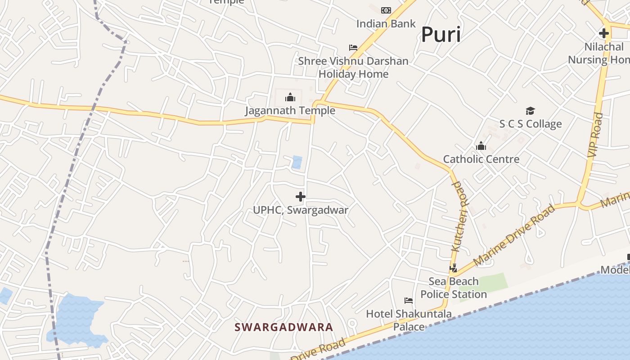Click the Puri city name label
[x=441, y=35]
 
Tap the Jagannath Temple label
[x=290, y=111]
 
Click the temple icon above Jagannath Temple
[x=290, y=97]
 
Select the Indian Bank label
[x=386, y=23]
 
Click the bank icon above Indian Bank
[x=386, y=10]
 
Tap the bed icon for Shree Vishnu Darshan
[x=353, y=48]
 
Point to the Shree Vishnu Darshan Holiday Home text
[x=353, y=67]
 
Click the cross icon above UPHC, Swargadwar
[x=301, y=197]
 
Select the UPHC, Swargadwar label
[x=301, y=210]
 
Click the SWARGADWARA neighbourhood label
[x=284, y=327]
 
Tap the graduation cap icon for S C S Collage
[x=531, y=111]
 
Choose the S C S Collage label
[x=531, y=124]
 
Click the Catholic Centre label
[x=481, y=159]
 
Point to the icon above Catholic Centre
[x=481, y=146]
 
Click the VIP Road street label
[x=595, y=135]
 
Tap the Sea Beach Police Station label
[x=454, y=288]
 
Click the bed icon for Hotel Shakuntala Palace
[x=409, y=301]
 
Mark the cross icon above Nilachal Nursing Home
[x=604, y=33]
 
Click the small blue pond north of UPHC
[x=297, y=162]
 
